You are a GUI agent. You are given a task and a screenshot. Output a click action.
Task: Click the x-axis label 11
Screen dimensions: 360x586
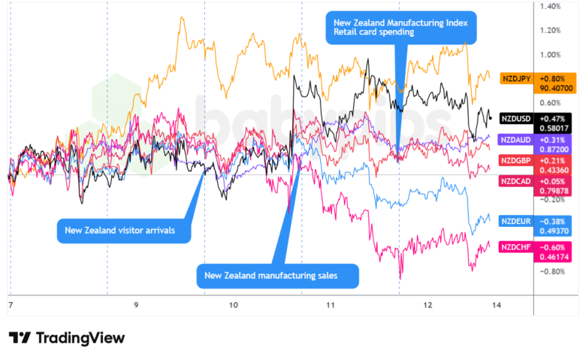[x=329, y=305]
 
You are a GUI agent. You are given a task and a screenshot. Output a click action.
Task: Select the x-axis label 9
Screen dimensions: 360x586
[x=136, y=305]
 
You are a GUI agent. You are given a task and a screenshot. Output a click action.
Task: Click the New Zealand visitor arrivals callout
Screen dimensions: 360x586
[x=124, y=230]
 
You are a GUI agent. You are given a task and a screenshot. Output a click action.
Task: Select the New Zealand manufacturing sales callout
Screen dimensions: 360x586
[x=277, y=276]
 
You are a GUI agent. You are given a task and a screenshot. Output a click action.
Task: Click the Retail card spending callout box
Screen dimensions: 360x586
[x=401, y=28]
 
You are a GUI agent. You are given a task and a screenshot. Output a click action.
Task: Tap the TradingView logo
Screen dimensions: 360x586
[x=67, y=337]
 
